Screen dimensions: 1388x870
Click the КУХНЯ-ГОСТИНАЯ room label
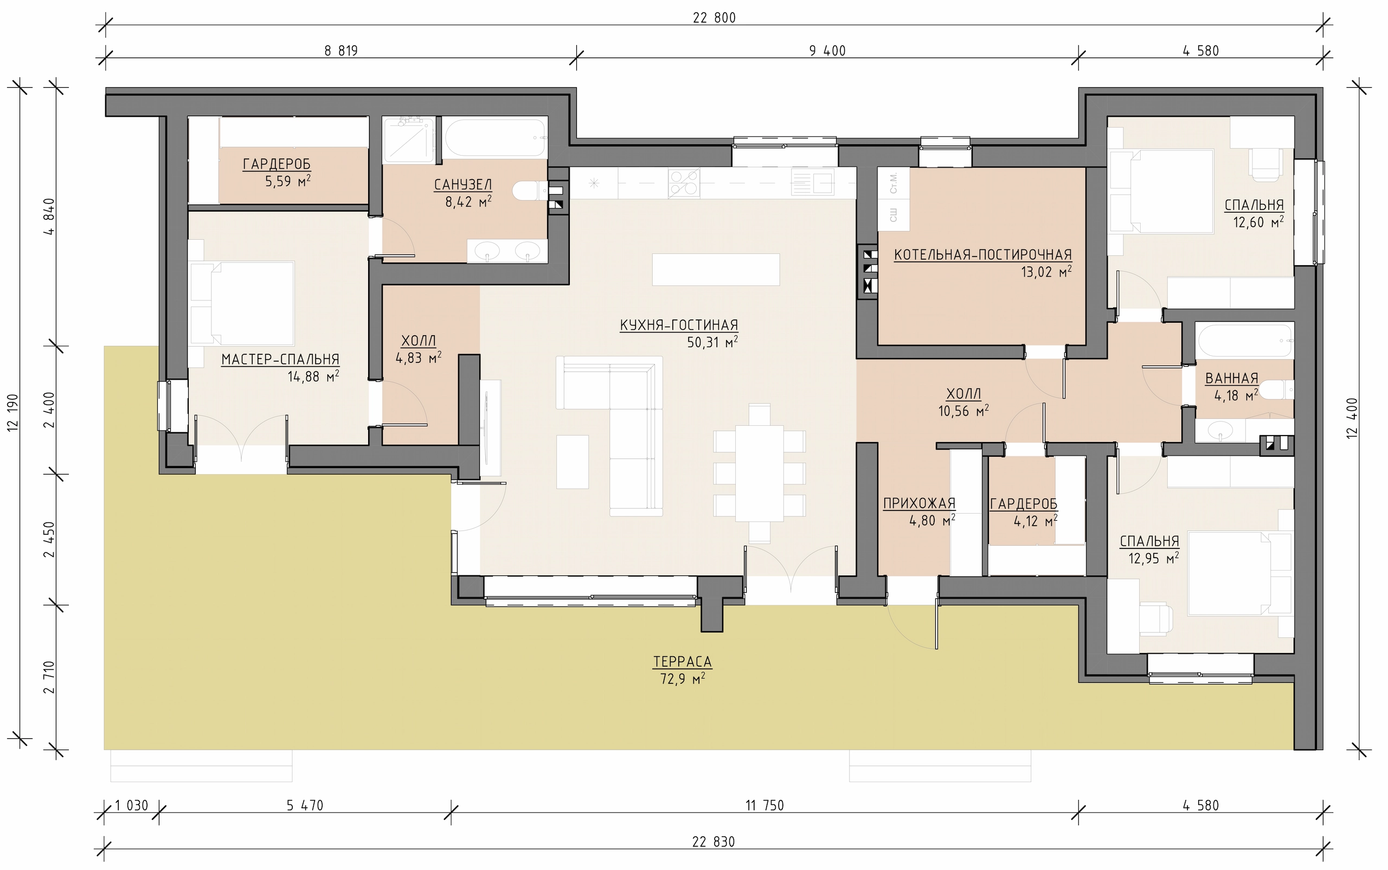tap(679, 325)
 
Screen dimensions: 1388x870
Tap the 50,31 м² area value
tap(712, 342)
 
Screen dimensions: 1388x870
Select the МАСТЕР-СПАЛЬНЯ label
tap(280, 360)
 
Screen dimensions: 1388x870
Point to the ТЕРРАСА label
tap(682, 662)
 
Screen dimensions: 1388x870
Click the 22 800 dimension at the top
tap(714, 18)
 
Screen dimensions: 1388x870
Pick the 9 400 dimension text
tap(827, 50)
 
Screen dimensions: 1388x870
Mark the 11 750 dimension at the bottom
tap(764, 805)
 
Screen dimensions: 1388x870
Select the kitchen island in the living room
tap(716, 269)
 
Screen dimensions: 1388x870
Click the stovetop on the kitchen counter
tap(684, 183)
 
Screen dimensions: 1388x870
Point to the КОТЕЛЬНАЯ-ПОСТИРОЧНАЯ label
tap(983, 255)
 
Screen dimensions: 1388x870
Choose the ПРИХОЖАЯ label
tap(919, 503)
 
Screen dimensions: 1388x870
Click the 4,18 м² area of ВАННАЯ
tap(1236, 395)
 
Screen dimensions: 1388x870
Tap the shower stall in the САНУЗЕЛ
tap(408, 139)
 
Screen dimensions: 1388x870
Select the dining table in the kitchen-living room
tap(759, 473)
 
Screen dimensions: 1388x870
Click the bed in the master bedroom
tap(252, 303)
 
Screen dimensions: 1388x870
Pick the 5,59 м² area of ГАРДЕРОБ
tap(287, 181)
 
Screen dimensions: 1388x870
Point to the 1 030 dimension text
tap(132, 805)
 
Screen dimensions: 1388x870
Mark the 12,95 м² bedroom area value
tap(1153, 558)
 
